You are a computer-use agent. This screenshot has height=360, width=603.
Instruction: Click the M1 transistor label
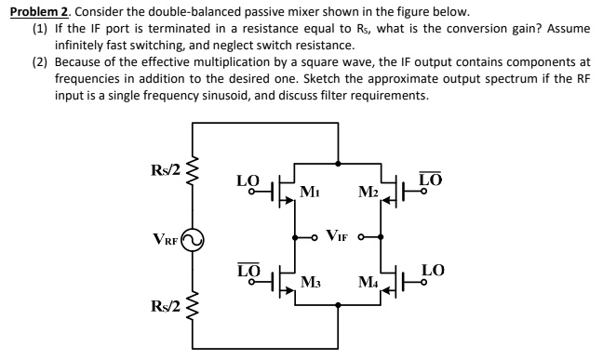tap(311, 193)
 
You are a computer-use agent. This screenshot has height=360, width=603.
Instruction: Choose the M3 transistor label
tap(311, 282)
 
